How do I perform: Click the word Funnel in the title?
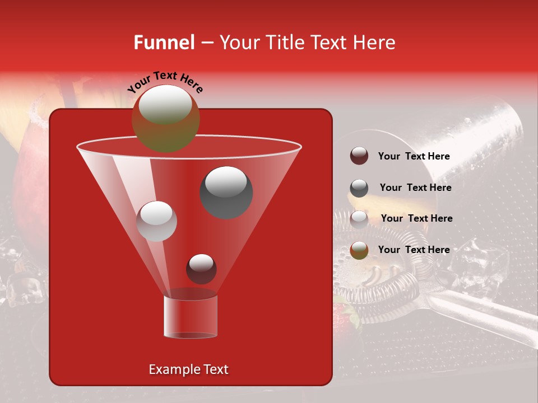tap(164, 43)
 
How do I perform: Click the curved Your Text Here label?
tap(165, 82)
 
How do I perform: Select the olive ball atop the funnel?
tap(166, 119)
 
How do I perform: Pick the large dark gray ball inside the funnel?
tap(226, 192)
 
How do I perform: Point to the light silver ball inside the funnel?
tap(157, 221)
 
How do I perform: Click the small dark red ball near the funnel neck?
tap(202, 269)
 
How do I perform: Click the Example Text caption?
tap(189, 369)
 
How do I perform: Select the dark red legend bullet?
tap(359, 156)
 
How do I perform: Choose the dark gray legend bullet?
tap(359, 188)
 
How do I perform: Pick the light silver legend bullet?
tap(359, 219)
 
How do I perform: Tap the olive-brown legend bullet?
tap(359, 250)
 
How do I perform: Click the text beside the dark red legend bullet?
tap(414, 156)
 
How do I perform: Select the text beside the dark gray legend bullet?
tap(415, 188)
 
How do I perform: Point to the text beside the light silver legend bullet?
tap(416, 218)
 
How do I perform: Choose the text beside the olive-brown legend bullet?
tap(414, 250)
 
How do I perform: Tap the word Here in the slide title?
tap(375, 43)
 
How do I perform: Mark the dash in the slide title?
tap(207, 43)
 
